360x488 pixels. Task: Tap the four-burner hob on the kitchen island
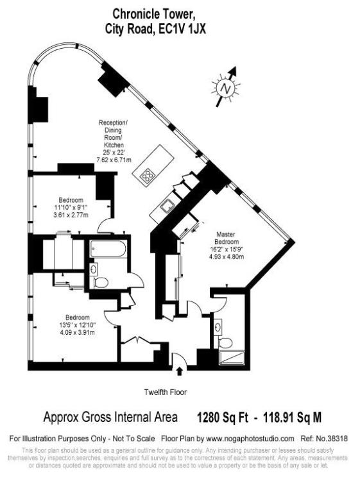click(x=149, y=174)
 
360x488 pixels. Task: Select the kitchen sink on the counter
click(x=166, y=206)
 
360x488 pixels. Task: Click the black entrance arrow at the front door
click(x=179, y=369)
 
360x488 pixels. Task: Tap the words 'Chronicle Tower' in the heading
click(x=151, y=13)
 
